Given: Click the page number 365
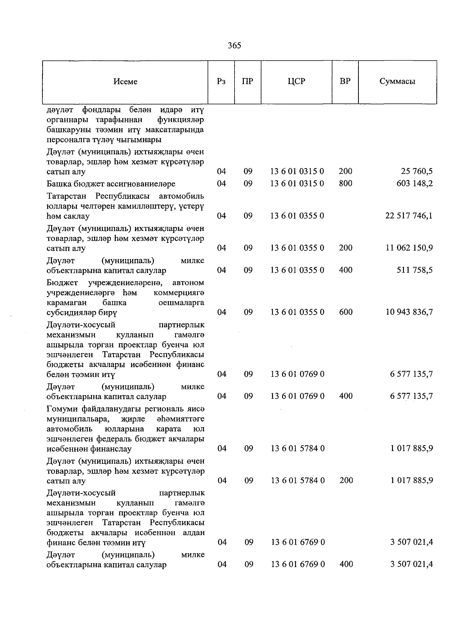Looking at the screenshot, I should coord(234,46).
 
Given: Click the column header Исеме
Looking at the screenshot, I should coord(125,82).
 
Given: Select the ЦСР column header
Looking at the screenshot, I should coord(296,82).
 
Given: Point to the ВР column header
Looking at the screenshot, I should coord(345,82).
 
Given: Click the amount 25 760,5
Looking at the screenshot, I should coord(416,172).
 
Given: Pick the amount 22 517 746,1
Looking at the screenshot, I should coord(409,216).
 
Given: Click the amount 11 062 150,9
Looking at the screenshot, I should coord(409,248).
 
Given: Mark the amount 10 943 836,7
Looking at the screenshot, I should coord(409,312).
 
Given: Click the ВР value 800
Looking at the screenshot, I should coord(345,184).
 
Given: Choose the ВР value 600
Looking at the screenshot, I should coord(346,312).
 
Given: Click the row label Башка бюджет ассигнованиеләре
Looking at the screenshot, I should coord(111,184).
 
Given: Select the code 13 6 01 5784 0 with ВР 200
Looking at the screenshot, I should coord(297,481).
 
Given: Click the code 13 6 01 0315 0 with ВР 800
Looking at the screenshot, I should coord(297,184).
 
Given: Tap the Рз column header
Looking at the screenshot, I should coord(221,82).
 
